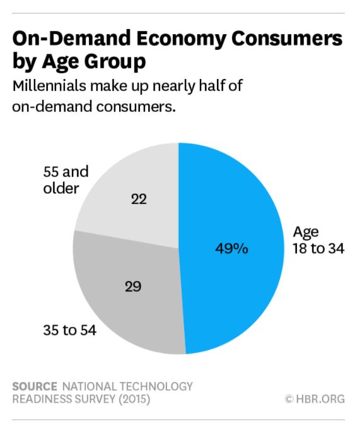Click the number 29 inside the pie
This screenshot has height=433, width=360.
132,287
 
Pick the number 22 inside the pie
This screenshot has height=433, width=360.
139,199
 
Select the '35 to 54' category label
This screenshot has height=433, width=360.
69,329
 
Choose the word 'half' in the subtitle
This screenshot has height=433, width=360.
207,86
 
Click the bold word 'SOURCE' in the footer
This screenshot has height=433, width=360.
35,386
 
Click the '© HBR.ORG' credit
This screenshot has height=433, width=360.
314,399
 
